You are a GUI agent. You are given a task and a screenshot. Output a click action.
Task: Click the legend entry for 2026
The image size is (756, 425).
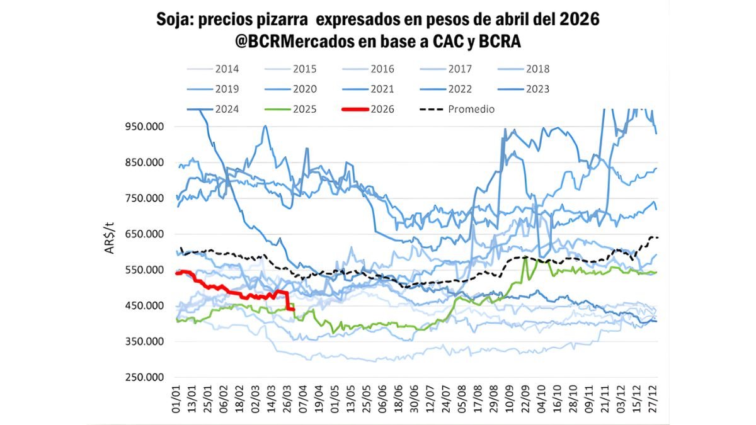click(x=382, y=109)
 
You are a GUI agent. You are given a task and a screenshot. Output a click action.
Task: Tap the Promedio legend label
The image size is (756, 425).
click(x=471, y=109)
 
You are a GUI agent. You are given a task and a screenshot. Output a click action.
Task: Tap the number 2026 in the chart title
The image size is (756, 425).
click(x=580, y=20)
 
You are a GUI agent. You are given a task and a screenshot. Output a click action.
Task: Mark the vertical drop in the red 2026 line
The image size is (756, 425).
click(x=288, y=301)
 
